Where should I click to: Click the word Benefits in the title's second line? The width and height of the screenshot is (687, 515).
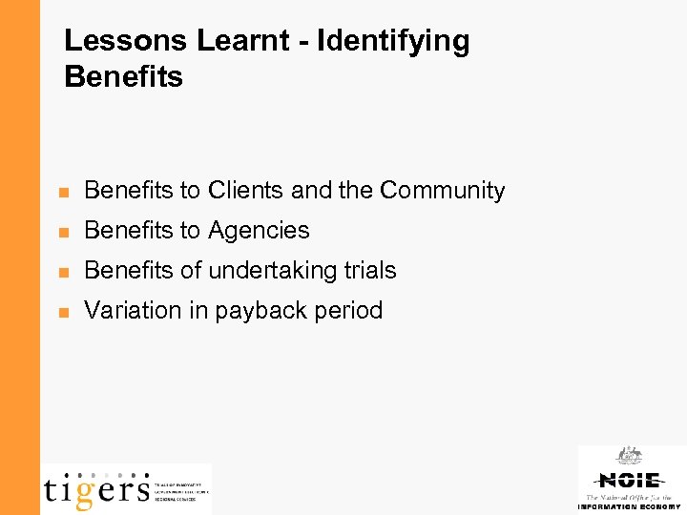pos(123,76)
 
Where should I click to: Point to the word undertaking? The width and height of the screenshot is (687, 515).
pos(271,271)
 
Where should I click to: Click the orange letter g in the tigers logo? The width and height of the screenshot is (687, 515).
pos(85,491)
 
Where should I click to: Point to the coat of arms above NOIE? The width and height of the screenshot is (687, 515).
pos(629,456)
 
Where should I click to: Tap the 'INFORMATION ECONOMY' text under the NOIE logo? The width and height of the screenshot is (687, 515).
pos(629,507)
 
